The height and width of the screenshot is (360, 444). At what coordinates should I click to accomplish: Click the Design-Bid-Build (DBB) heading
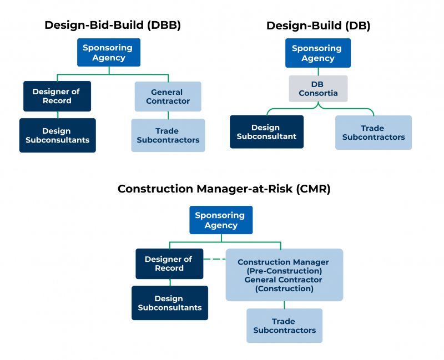(113, 25)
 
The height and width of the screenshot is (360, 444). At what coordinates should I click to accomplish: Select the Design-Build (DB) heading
(318, 26)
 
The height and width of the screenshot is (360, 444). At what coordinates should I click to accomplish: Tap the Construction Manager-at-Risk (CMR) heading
(224, 189)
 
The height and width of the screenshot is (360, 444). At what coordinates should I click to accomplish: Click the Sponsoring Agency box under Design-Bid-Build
(109, 53)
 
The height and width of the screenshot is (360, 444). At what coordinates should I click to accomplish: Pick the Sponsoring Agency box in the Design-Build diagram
(318, 53)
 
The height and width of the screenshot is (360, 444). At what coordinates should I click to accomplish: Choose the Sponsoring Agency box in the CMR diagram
(221, 220)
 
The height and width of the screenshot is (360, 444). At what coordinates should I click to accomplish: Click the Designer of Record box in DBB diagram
(57, 97)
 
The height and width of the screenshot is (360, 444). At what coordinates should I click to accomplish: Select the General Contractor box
(168, 97)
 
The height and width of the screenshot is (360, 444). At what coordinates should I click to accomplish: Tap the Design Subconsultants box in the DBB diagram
(57, 135)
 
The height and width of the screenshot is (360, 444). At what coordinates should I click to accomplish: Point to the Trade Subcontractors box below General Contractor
(168, 135)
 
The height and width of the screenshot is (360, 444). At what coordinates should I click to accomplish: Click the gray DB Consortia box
(318, 89)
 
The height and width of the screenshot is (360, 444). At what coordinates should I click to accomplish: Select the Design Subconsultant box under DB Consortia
(266, 132)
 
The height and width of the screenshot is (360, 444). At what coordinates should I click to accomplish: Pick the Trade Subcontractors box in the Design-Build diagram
(373, 133)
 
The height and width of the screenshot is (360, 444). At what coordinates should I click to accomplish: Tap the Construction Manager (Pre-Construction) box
(284, 275)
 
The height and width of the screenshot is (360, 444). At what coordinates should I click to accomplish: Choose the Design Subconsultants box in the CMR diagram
(169, 303)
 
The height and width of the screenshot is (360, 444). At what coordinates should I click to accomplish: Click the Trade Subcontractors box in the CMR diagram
(284, 326)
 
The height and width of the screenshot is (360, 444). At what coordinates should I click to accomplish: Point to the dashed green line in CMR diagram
(214, 259)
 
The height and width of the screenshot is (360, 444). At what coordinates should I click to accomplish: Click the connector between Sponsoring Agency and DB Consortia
(319, 72)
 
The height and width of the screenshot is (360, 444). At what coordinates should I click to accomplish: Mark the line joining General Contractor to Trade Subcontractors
(168, 115)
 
